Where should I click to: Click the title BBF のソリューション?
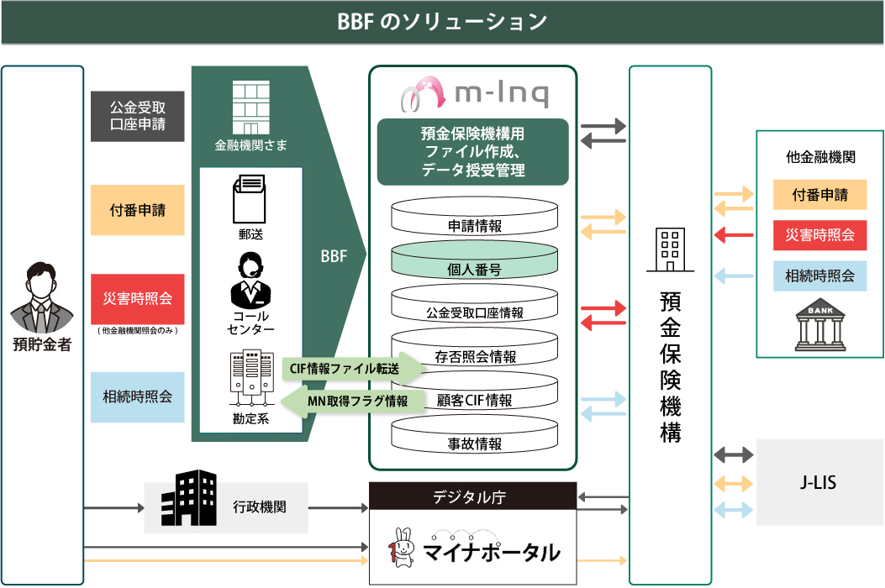coord(442,22)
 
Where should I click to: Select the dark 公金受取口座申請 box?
coord(137,117)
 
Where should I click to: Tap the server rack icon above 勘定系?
coord(250,376)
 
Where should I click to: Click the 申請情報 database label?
coord(474,226)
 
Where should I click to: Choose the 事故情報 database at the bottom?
coord(474,444)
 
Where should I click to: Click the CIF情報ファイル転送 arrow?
coord(353,367)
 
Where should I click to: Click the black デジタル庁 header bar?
coord(473,496)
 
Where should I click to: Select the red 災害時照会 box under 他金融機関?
coord(819,235)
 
